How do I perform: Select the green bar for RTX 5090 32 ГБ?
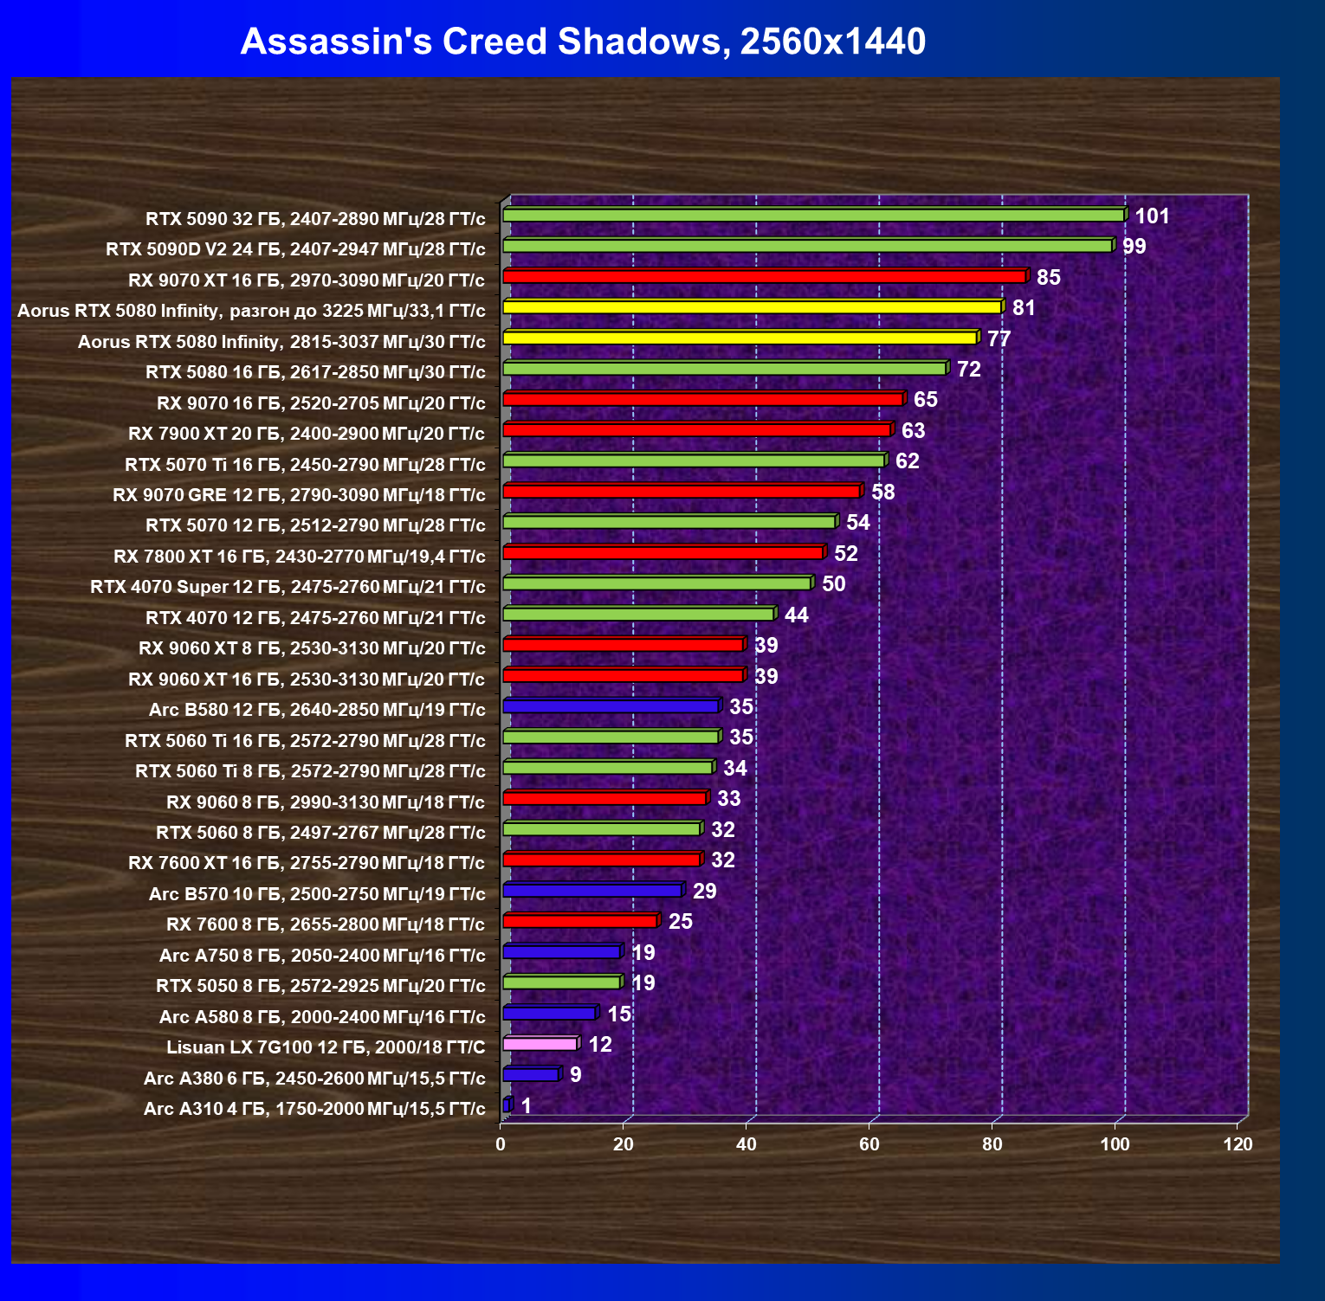coord(815,215)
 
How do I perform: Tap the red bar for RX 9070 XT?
coord(766,276)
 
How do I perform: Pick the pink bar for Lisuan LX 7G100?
coord(541,1044)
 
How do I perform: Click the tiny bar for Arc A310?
coord(507,1105)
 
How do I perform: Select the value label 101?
coord(1153,216)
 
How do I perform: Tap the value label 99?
coord(1134,247)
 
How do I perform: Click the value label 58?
coord(883,493)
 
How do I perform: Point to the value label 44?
coord(797,615)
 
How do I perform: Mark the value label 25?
coord(681,922)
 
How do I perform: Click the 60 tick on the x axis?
coord(869,1144)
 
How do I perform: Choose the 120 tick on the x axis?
coord(1238,1144)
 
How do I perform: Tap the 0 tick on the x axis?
coord(501,1144)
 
